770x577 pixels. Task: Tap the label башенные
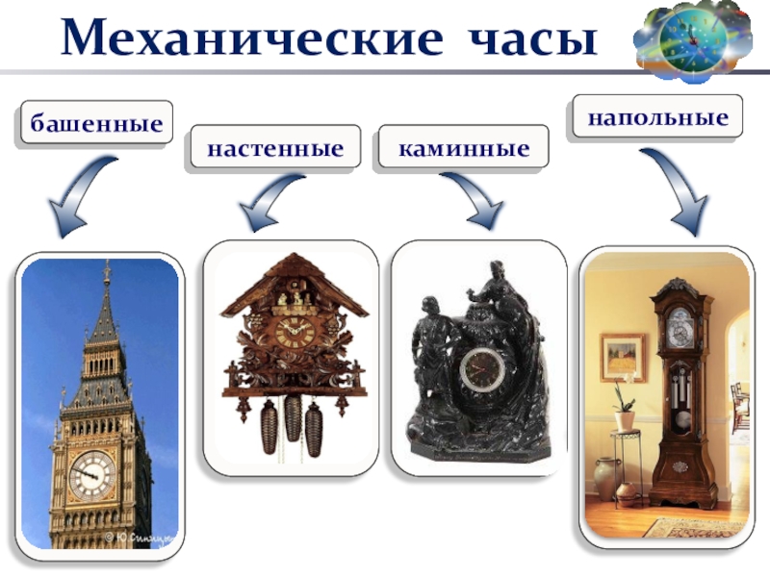[x=94, y=123]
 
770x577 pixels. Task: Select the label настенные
[x=275, y=149]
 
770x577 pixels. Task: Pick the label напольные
[x=658, y=118]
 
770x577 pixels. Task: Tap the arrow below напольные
[x=679, y=192]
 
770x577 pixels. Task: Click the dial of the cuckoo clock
[x=295, y=333]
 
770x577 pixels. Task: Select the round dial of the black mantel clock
[x=477, y=369]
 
